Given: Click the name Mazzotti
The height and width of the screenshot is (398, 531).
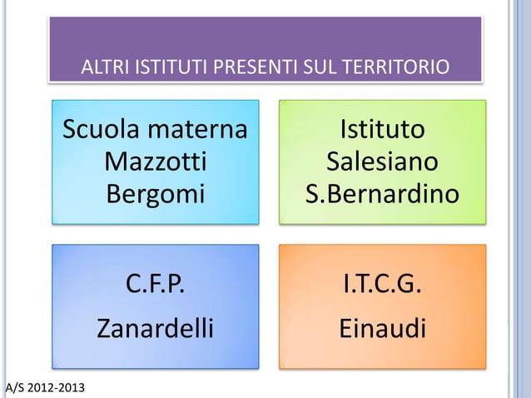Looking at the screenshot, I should click(156, 162).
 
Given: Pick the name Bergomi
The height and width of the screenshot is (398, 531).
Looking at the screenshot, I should click(156, 194).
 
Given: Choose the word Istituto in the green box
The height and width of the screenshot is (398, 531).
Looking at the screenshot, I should click(382, 131).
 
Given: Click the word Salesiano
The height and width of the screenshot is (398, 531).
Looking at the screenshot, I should click(382, 162).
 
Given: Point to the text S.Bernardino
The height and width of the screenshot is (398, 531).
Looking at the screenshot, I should click(382, 193).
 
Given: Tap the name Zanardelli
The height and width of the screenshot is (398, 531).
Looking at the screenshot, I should click(156, 328).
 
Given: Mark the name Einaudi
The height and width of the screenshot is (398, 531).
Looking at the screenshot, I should click(382, 328).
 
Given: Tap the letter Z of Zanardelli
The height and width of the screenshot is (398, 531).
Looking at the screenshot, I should click(106, 328).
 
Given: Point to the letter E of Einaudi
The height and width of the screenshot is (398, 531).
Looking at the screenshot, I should click(345, 328).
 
